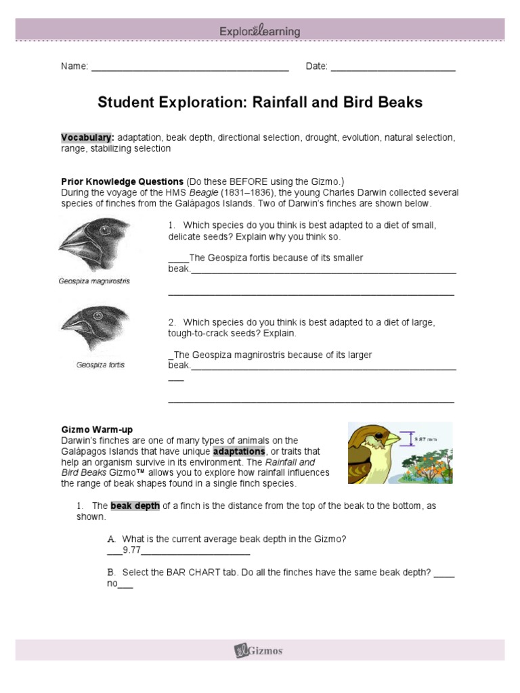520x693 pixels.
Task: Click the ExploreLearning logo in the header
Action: (x=260, y=31)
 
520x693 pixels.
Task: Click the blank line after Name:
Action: (x=190, y=66)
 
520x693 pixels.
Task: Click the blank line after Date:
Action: (x=393, y=66)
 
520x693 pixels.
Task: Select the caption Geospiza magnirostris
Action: (x=94, y=281)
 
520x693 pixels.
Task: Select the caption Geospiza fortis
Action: (x=100, y=365)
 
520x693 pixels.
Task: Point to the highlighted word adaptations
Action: (x=239, y=451)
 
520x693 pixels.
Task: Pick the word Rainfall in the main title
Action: (x=280, y=102)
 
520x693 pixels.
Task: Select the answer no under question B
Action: (x=112, y=583)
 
